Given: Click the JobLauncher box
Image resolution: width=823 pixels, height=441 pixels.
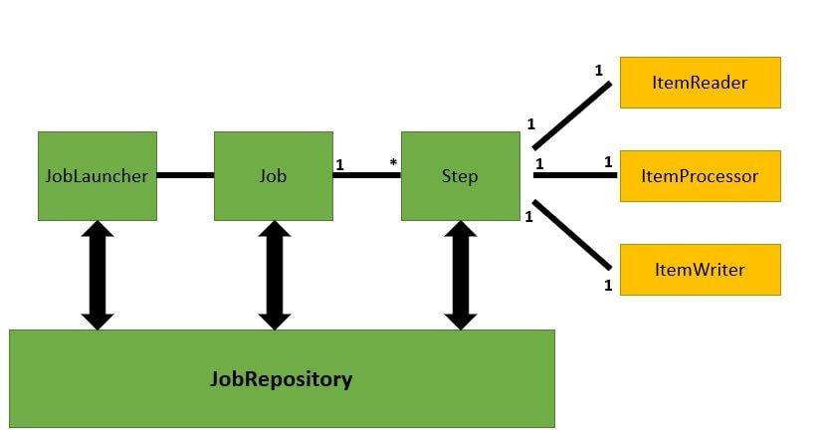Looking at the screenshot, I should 97,176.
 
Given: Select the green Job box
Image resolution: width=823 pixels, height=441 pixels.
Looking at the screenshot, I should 273,176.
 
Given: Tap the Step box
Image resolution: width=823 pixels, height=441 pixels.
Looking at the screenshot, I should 459,176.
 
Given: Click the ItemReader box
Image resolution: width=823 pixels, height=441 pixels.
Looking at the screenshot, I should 700,82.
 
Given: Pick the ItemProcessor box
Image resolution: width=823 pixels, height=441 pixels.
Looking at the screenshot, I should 700,176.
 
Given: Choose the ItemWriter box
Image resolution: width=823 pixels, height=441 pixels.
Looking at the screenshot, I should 700,269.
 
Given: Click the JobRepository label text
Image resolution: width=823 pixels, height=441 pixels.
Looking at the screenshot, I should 282,379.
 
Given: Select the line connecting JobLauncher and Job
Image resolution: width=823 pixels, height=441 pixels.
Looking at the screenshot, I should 185,176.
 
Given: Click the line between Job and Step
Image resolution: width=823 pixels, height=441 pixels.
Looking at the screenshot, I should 367,176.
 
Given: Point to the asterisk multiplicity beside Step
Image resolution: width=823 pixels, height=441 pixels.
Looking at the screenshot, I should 393,162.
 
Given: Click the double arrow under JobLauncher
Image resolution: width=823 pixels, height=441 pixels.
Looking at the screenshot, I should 98,275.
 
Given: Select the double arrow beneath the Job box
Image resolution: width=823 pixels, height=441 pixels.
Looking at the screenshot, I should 274,275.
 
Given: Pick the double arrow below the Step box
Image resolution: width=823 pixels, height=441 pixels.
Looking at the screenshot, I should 460,275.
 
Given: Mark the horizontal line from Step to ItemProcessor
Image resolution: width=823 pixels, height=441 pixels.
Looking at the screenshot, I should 574,176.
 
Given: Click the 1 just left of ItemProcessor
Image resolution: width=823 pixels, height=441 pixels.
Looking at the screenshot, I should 607,162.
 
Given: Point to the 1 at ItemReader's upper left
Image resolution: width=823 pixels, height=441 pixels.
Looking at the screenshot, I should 598,71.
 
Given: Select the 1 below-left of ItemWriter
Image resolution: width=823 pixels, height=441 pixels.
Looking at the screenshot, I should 607,287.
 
